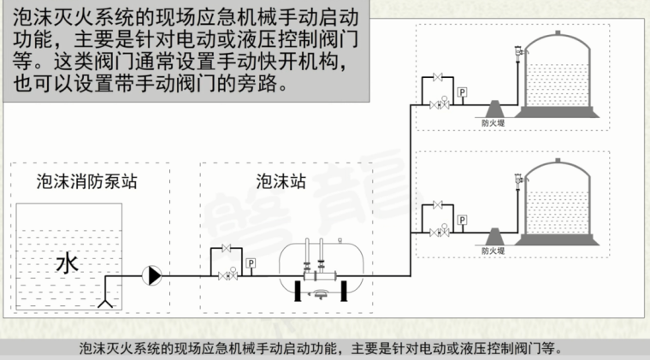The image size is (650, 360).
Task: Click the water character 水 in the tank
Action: (66, 263)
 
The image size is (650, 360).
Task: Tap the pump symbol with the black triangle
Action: (154, 275)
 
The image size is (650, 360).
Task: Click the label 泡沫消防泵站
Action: (76, 182)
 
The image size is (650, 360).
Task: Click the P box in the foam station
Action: (251, 263)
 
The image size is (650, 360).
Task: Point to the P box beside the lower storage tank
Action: (463, 220)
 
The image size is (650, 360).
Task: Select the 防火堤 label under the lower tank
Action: (493, 251)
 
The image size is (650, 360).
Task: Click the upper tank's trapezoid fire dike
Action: (495, 108)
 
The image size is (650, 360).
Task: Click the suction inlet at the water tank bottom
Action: (106, 302)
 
